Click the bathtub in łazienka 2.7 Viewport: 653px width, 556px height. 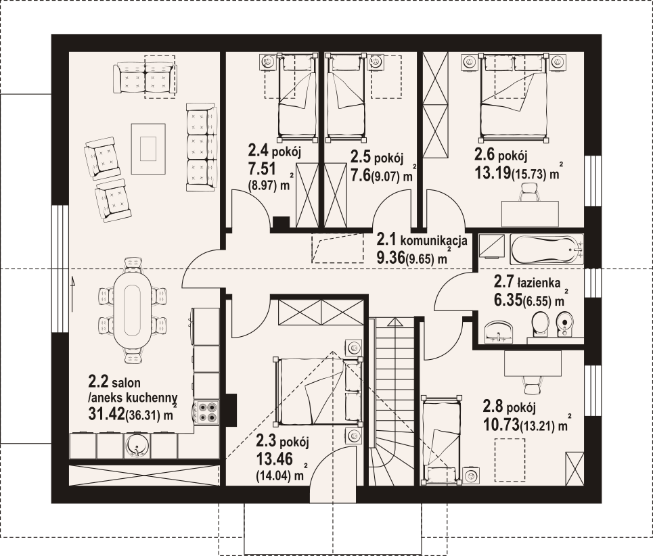coord(547,250)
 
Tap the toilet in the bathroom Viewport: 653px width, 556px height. coord(541,324)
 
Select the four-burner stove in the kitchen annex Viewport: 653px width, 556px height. coord(207,413)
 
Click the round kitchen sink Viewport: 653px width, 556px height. coord(136,446)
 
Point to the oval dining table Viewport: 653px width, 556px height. coord(133,310)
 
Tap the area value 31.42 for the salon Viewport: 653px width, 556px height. coord(107,413)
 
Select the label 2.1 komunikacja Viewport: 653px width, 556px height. coord(422,240)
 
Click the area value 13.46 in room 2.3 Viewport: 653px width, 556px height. coord(275,459)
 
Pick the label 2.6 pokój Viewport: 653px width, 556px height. coord(501,156)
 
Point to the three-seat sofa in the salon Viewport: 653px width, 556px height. coord(202,147)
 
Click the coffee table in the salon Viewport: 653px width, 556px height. coord(148,149)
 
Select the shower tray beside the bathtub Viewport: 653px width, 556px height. coord(491,246)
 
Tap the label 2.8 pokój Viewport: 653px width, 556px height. coord(509,406)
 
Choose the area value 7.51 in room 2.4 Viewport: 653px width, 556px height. coord(262,169)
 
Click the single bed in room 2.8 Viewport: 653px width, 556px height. coord(441,440)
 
